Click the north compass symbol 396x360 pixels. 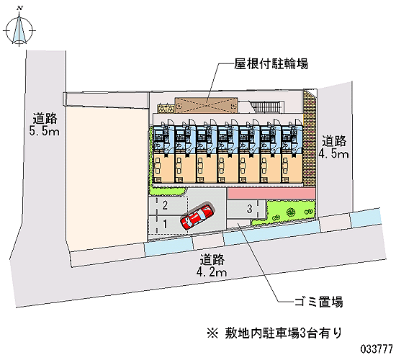[19, 30]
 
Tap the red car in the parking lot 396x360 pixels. [197, 217]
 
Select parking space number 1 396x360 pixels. [165, 224]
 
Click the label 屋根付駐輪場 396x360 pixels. [271, 63]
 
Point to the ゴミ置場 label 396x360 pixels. [319, 302]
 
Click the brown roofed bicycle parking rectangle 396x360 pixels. [207, 105]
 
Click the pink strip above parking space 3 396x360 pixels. [271, 194]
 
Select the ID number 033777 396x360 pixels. [377, 349]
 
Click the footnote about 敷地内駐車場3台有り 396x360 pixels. [274, 333]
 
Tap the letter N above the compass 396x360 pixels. [20, 9]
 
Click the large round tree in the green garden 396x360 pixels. [291, 212]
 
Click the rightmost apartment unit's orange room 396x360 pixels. [292, 168]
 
